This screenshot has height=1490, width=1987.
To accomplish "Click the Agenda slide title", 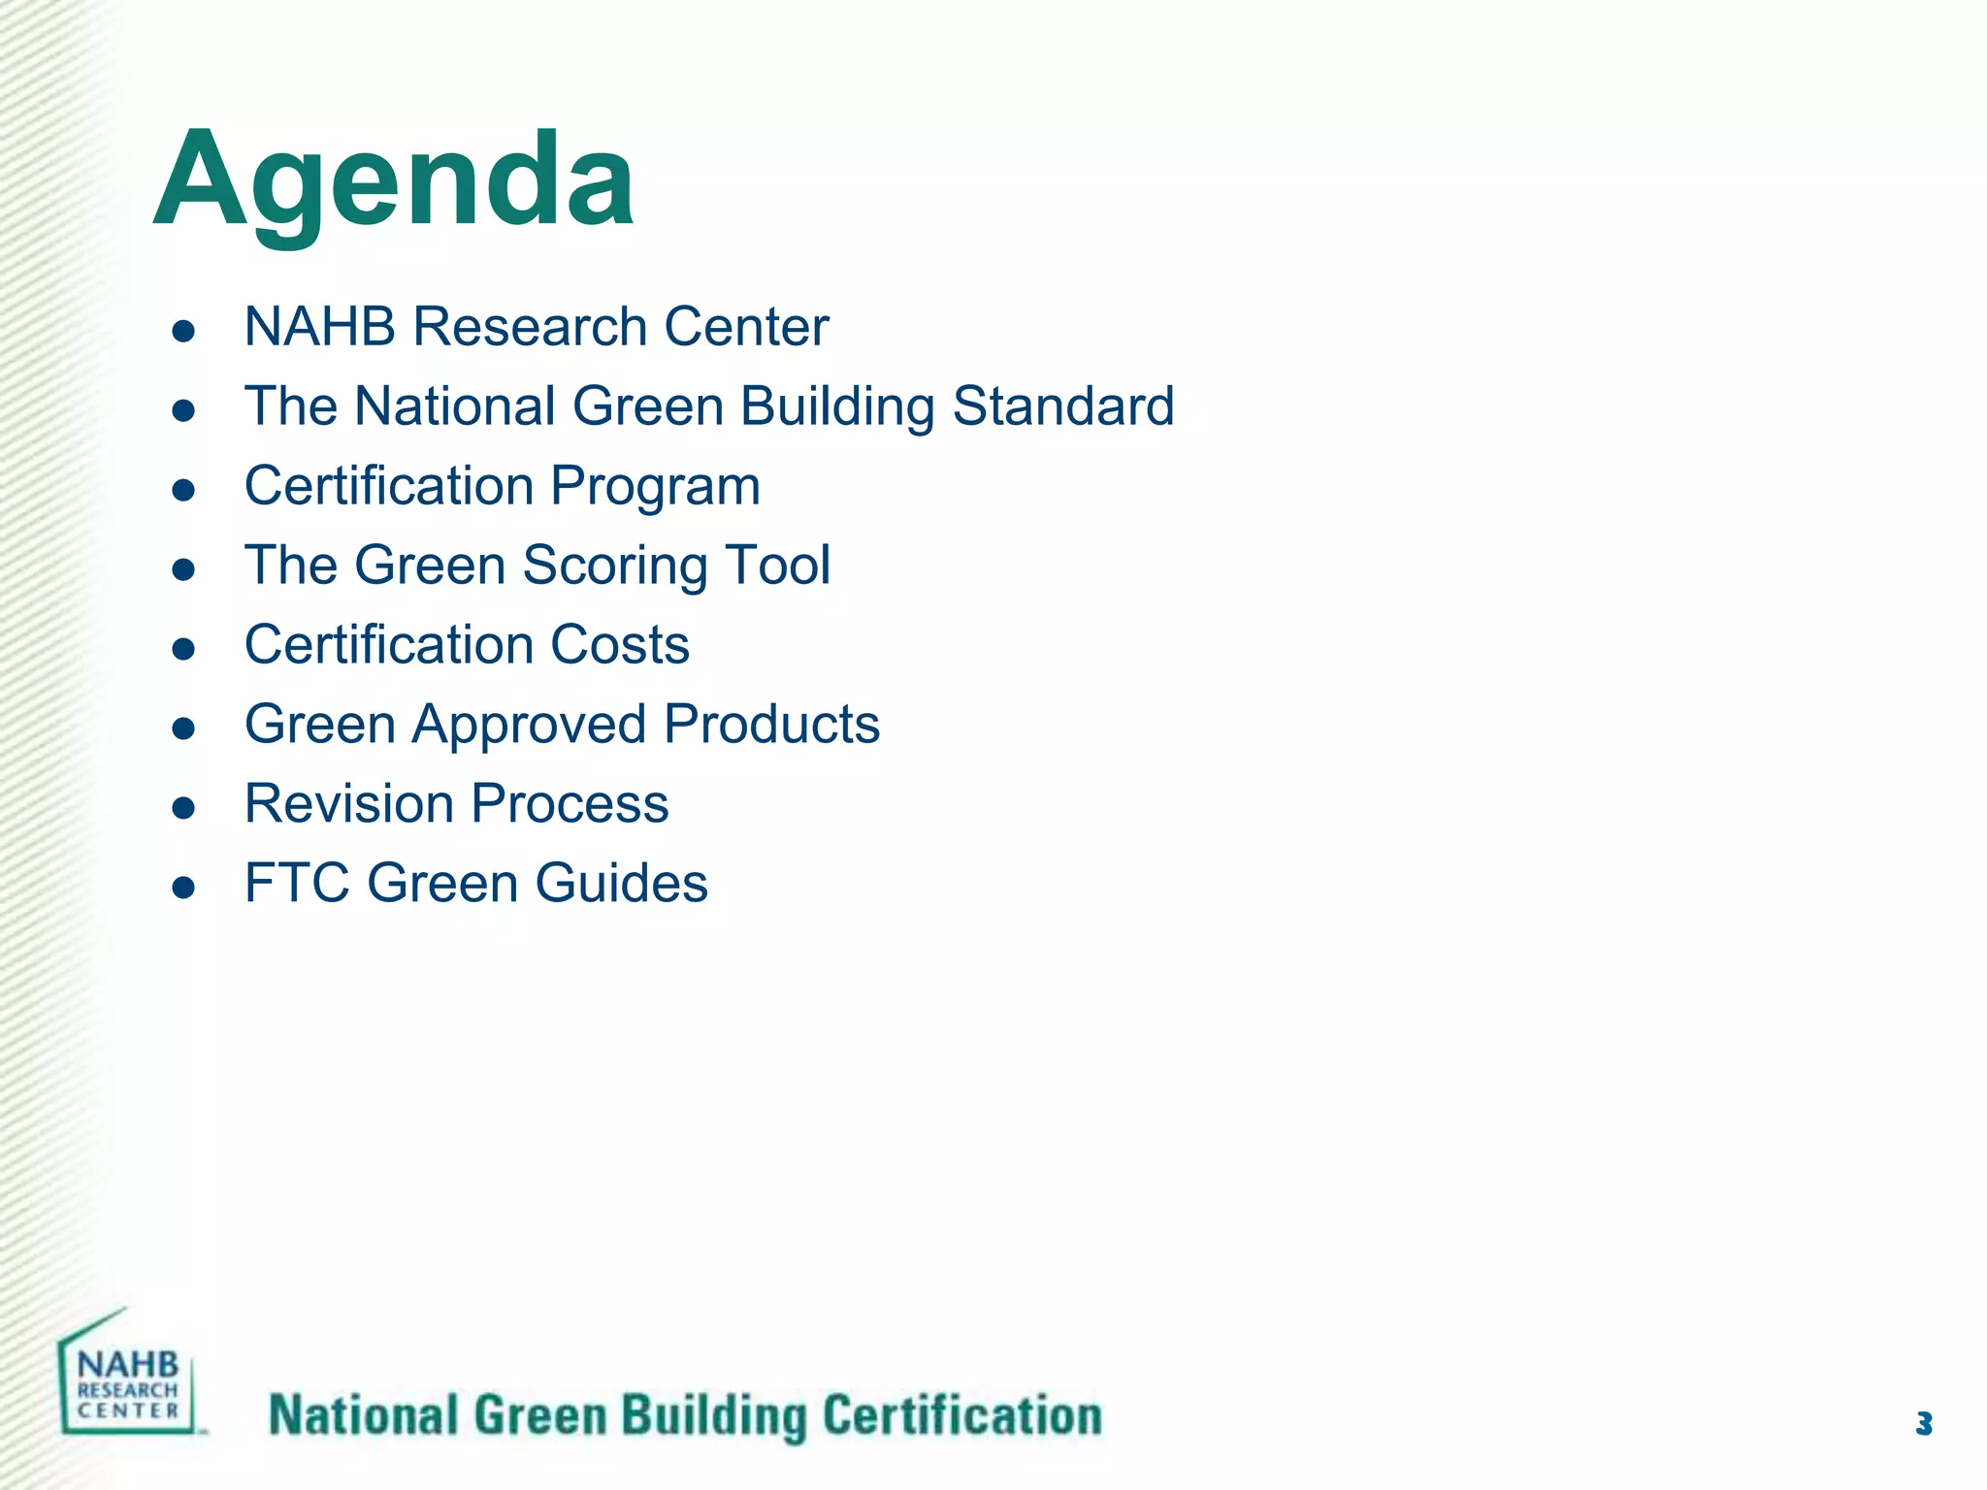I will pos(394,181).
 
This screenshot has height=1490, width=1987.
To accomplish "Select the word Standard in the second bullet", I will pos(1063,406).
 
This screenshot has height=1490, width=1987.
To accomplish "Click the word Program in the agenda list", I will pos(656,487).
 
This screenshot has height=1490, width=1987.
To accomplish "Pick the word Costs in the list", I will pos(620,645).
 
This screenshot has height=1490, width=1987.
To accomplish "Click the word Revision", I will pos(349,804).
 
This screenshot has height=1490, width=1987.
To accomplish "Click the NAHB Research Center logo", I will pos(129,1377).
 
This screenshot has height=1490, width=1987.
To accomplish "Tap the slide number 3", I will pos(1924,1424).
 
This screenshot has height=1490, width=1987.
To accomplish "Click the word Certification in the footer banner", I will pos(962,1416).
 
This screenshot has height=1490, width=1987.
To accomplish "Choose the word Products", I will pos(772,726).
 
